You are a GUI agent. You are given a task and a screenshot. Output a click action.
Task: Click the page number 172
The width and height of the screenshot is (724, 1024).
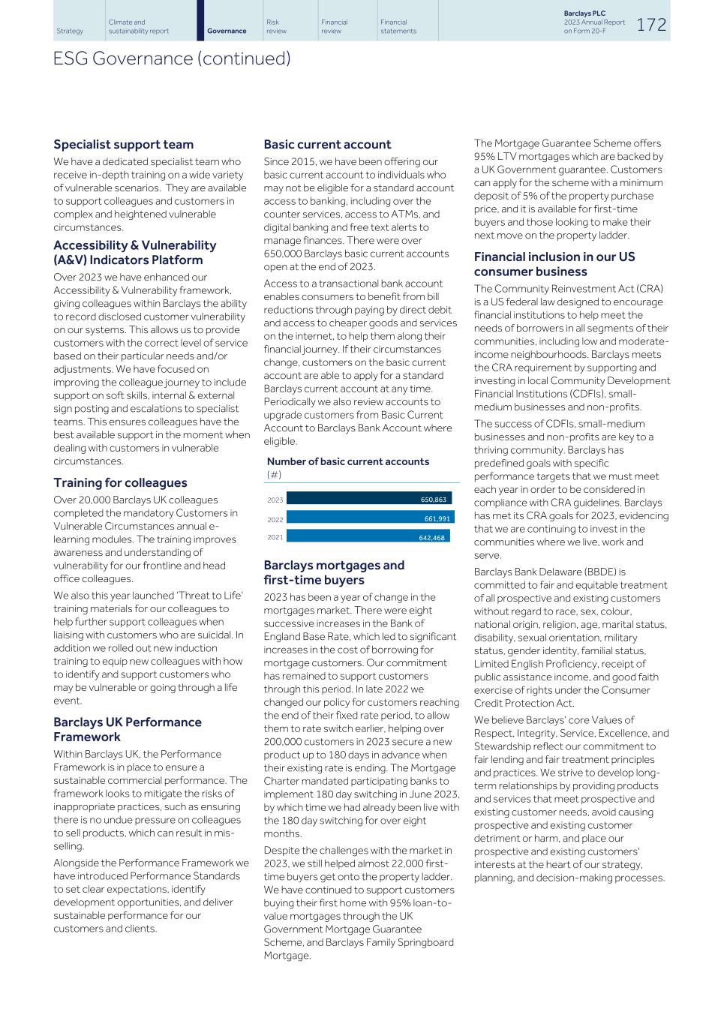click(651, 24)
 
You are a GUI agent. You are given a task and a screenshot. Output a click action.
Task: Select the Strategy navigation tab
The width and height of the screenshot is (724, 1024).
click(70, 31)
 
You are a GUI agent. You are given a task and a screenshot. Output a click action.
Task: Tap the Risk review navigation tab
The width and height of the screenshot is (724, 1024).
click(276, 26)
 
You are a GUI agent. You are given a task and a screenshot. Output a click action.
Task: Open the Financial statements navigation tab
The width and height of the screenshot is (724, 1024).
click(398, 26)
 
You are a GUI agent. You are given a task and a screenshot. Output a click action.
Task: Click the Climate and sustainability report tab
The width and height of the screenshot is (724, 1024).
click(138, 26)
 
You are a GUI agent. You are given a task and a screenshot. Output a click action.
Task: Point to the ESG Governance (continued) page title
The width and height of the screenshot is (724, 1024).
click(172, 59)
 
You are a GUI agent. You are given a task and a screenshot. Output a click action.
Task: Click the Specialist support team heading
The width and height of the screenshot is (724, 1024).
click(123, 144)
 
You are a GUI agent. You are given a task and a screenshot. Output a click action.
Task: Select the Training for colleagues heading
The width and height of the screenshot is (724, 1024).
click(120, 482)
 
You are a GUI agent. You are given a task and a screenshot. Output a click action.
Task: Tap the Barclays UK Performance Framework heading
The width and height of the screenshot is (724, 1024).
click(128, 729)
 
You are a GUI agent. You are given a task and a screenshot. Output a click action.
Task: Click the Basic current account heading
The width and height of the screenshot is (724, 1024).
click(327, 144)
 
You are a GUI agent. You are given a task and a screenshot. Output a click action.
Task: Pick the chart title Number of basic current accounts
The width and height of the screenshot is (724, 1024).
click(348, 461)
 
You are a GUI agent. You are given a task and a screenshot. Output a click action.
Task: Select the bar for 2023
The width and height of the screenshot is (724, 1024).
click(368, 499)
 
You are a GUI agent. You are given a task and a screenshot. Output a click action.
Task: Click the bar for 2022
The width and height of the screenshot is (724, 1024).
click(370, 518)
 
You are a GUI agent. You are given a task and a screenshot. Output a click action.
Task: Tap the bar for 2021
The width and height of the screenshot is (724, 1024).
click(368, 536)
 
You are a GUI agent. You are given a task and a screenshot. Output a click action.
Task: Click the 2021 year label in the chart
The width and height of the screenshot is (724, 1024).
click(275, 537)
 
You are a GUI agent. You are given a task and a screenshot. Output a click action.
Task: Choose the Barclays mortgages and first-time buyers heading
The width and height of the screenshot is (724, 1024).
click(334, 572)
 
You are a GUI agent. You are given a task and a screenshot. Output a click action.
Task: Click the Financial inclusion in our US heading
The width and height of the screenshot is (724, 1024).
click(554, 264)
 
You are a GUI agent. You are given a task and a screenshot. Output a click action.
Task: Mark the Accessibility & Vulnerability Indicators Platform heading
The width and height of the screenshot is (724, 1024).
click(135, 252)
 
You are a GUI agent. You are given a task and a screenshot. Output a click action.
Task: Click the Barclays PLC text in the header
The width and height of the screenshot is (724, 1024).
click(584, 14)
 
